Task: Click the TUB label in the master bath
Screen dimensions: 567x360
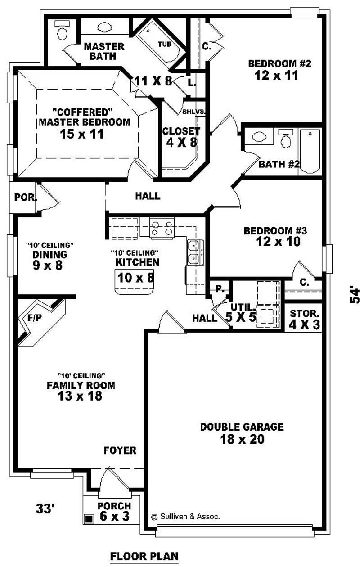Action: pos(163,44)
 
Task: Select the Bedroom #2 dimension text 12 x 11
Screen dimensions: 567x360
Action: pos(273,75)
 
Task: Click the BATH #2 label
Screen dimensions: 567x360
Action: pos(279,164)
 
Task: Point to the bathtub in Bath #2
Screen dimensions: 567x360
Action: pos(310,151)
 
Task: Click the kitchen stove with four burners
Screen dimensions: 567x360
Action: pos(162,228)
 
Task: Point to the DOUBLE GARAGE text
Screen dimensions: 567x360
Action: pos(242,427)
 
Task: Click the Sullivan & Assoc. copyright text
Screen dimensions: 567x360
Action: pos(185,517)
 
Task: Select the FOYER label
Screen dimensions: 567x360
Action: pos(120,450)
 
